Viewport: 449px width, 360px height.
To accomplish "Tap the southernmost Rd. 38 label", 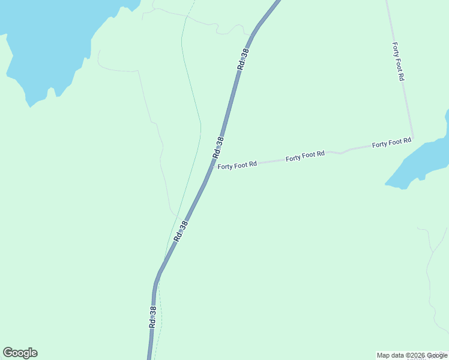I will coord(153,316).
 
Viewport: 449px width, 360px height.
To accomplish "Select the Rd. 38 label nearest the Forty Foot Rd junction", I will coord(218,148).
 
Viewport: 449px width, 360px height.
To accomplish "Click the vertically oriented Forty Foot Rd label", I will coord(398,61).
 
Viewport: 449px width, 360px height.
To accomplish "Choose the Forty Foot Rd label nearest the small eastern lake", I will coord(391,143).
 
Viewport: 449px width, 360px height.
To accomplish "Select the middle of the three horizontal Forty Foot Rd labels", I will coord(305,156).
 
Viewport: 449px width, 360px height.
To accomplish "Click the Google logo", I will coord(20,353).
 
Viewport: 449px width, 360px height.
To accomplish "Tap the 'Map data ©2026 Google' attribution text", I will coord(412,355).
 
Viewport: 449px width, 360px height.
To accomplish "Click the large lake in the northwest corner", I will coord(48,36).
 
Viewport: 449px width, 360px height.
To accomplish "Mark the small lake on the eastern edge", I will coord(420,162).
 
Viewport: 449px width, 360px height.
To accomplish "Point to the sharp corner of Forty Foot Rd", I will coord(413,138).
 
